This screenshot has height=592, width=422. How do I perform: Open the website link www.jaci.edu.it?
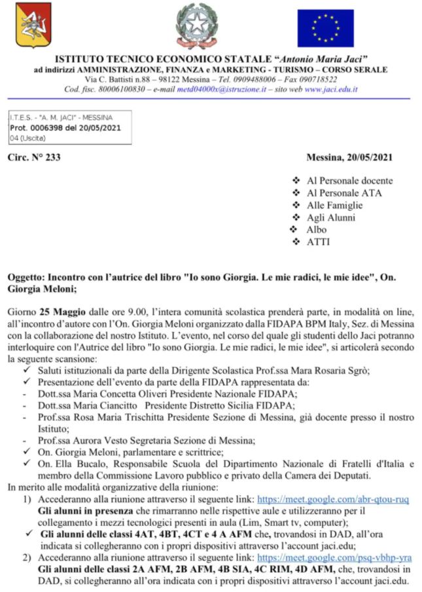tap(331, 89)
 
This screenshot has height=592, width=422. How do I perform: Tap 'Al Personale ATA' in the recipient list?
tap(344, 193)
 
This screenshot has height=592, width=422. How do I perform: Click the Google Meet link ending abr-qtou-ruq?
tap(332, 499)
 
